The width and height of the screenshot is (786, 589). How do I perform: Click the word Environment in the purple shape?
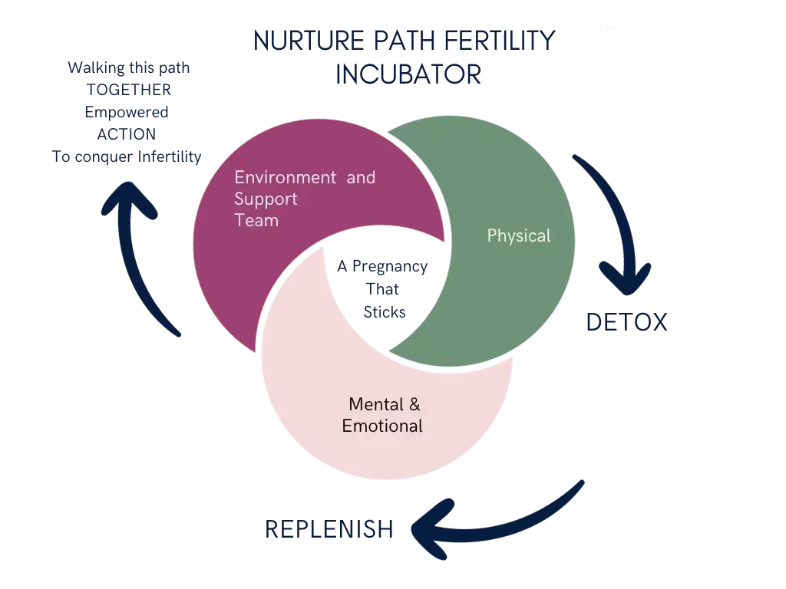[285, 178]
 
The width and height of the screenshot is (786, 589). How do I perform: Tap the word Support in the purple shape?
[266, 199]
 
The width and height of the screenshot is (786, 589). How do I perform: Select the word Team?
[256, 221]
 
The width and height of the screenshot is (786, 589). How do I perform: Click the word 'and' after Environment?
[361, 178]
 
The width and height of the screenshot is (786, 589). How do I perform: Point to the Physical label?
[519, 235]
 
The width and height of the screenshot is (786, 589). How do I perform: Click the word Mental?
[373, 404]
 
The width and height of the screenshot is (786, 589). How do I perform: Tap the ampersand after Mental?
[414, 404]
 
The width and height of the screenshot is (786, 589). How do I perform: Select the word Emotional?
[382, 426]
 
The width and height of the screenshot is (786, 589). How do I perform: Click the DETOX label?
[626, 322]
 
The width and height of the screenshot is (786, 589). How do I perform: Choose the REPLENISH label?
[329, 528]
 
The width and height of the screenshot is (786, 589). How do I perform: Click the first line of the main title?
[405, 42]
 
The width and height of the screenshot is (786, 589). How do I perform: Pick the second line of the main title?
[408, 74]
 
